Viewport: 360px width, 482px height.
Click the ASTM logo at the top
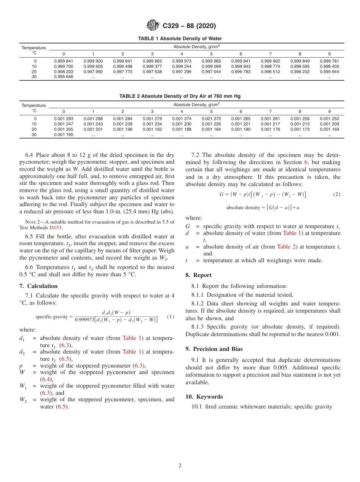[x=153, y=26]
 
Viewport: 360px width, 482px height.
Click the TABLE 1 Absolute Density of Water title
[x=180, y=39]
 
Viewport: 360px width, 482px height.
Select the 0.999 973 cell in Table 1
[x=182, y=61]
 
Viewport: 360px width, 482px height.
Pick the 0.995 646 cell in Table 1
[x=63, y=77]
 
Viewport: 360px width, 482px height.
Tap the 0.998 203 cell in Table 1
[x=63, y=72]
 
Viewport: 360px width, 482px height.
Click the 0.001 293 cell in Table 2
[x=63, y=119]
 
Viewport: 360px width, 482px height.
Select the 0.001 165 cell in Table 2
[x=63, y=135]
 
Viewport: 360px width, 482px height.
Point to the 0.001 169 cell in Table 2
[x=329, y=129]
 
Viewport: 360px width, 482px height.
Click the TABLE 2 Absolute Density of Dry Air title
[x=180, y=96]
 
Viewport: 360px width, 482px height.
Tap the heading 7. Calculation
[x=38, y=286]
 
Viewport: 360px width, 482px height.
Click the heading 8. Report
[x=199, y=275]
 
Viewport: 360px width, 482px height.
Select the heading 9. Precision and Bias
[x=214, y=349]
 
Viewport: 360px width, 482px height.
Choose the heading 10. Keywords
[x=204, y=397]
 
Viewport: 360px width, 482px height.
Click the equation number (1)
[x=171, y=316]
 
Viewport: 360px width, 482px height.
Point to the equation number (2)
[x=337, y=194]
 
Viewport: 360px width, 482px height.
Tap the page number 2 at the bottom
[x=180, y=466]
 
